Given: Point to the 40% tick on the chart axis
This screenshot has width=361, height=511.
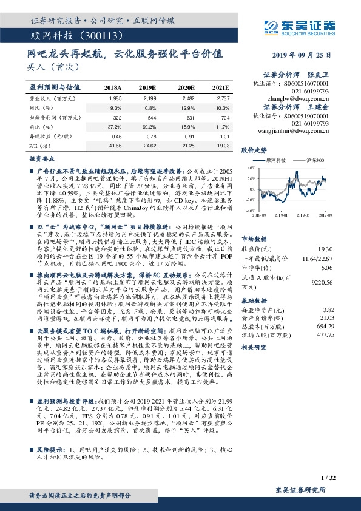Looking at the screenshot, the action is (250, 168).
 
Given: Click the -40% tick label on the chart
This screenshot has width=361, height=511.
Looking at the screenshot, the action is (249, 211).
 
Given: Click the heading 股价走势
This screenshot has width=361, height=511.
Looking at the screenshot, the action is (254, 149).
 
